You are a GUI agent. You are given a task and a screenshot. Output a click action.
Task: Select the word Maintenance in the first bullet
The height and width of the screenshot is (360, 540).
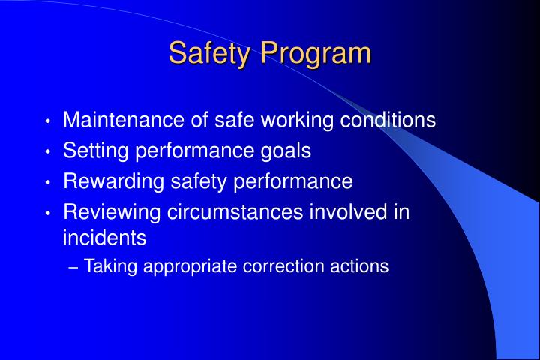(x=122, y=120)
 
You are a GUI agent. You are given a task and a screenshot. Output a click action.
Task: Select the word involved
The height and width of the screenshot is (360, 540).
(x=348, y=212)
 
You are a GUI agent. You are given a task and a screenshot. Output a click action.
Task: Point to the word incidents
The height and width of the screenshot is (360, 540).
(x=104, y=238)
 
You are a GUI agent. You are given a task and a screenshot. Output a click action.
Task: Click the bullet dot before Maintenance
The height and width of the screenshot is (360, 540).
(x=48, y=121)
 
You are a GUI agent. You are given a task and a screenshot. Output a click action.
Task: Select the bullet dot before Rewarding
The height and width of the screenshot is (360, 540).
(x=48, y=183)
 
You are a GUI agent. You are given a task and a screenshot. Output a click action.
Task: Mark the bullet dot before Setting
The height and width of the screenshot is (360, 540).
(x=48, y=152)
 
